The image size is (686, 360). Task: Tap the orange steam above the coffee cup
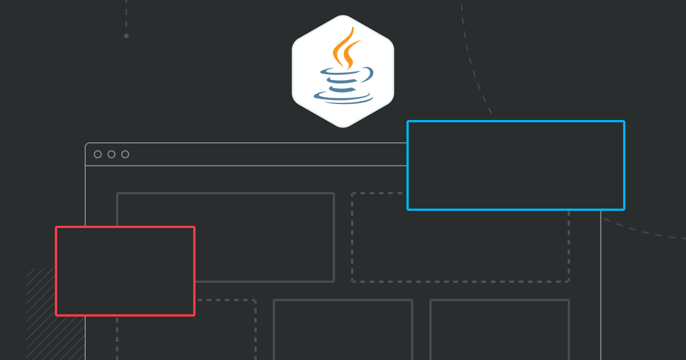click(345, 49)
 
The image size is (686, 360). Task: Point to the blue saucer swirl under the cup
click(343, 97)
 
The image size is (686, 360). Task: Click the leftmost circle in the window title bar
click(98, 154)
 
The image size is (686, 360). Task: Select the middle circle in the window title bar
click(111, 154)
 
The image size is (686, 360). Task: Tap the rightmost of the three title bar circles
click(125, 154)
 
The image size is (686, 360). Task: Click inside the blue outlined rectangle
click(516, 166)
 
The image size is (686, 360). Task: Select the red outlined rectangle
click(125, 271)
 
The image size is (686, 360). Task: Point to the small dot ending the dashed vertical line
click(126, 35)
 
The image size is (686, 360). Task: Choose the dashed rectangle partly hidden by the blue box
click(460, 246)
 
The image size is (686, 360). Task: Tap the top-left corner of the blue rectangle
click(408, 122)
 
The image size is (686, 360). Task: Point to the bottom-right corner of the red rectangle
click(194, 314)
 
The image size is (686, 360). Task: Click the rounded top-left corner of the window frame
click(87, 145)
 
